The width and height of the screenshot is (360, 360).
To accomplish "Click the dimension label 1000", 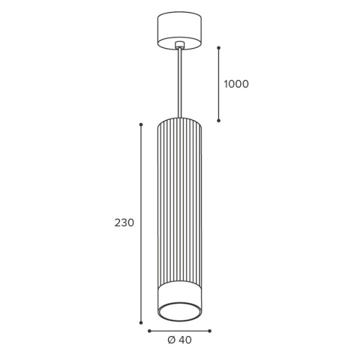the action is coord(236,84).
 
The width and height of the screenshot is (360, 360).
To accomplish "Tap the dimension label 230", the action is coord(124,223).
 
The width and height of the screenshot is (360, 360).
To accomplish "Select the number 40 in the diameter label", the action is coord(185,340).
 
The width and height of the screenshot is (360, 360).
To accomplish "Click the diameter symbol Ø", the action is coord(172,340).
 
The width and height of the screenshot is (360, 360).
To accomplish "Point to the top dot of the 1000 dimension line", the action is coord(219,48).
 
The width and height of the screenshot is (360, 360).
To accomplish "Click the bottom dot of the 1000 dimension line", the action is coord(219,121).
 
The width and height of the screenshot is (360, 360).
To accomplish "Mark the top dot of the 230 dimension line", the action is coord(141,124).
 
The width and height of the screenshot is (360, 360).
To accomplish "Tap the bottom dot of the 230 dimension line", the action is coord(141,323).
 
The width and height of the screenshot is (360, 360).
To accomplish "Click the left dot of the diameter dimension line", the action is coord(149,331).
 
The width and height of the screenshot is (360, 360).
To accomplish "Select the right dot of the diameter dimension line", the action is coord(209,331).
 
